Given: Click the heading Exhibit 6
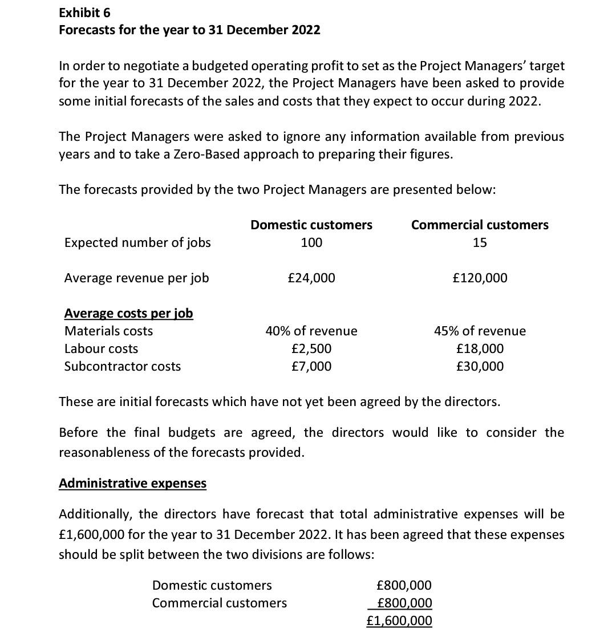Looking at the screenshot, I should (85, 12).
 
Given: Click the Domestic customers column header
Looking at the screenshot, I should (311, 225).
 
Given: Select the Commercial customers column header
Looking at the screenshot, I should (480, 225).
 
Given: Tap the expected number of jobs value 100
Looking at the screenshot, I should (311, 242).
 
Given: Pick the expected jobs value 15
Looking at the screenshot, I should (480, 242).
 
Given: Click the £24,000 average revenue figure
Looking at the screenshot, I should (311, 278).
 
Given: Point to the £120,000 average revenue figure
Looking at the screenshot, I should (480, 278).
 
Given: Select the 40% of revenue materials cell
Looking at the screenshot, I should (311, 331).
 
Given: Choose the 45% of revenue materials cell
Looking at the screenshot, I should (480, 331).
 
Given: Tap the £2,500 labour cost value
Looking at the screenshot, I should (311, 348).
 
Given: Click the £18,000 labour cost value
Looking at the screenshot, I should (480, 348).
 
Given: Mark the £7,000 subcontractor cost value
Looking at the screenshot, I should (311, 366).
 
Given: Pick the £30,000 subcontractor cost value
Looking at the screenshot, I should (480, 366).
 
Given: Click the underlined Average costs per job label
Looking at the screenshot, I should (128, 313).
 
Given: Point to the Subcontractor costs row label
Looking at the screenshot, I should (122, 366).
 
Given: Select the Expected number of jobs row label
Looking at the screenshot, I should (137, 242).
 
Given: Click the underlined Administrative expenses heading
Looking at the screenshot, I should (132, 483).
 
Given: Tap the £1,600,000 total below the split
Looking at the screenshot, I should (399, 620).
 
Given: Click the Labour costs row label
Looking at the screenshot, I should (101, 348).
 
